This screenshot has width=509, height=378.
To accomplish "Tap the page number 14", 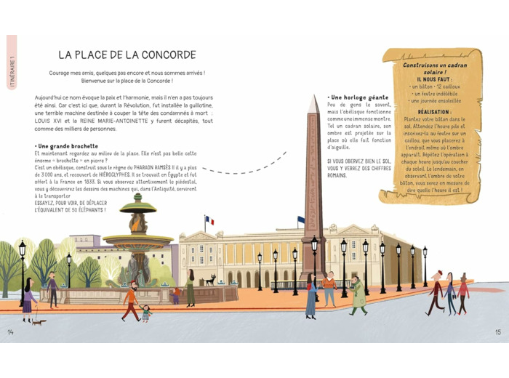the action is tap(11, 332).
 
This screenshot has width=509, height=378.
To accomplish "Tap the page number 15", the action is tap(497, 332).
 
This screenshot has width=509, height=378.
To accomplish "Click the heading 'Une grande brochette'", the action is tap(66, 146).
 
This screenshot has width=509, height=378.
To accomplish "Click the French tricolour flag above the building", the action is tap(209, 220).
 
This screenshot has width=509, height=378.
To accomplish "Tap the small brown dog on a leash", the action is tap(39, 321).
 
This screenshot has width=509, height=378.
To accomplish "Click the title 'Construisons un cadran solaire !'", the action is tap(432, 68).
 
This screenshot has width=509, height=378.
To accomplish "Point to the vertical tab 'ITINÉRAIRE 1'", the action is tap(12, 73).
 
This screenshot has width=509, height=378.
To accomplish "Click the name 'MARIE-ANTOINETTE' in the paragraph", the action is tap(128, 120).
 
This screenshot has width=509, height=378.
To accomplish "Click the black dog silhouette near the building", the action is tap(211, 279).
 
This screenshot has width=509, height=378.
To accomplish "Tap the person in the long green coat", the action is tap(358, 295).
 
